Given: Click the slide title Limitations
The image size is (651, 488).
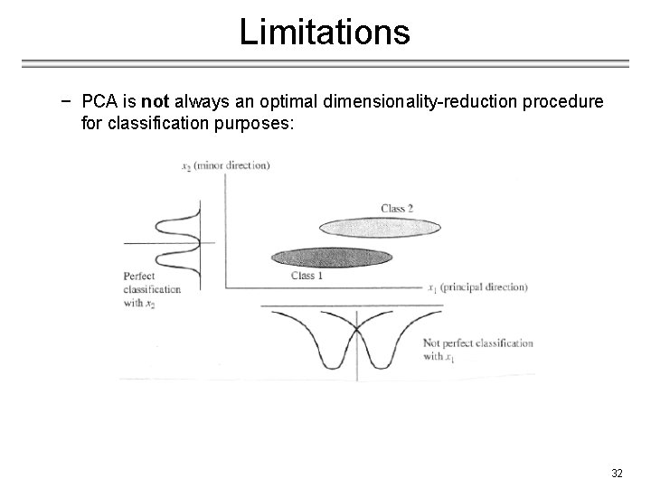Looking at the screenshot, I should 325,33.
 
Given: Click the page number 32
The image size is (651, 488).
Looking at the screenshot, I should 617,474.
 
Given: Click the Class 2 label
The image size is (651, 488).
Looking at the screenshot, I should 396,209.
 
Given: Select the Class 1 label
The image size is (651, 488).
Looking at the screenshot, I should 307,276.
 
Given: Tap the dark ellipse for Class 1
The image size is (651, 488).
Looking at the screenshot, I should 331,257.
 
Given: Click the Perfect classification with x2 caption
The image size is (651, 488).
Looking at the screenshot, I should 152,289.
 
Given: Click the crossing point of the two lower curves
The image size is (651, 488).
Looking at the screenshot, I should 357,324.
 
